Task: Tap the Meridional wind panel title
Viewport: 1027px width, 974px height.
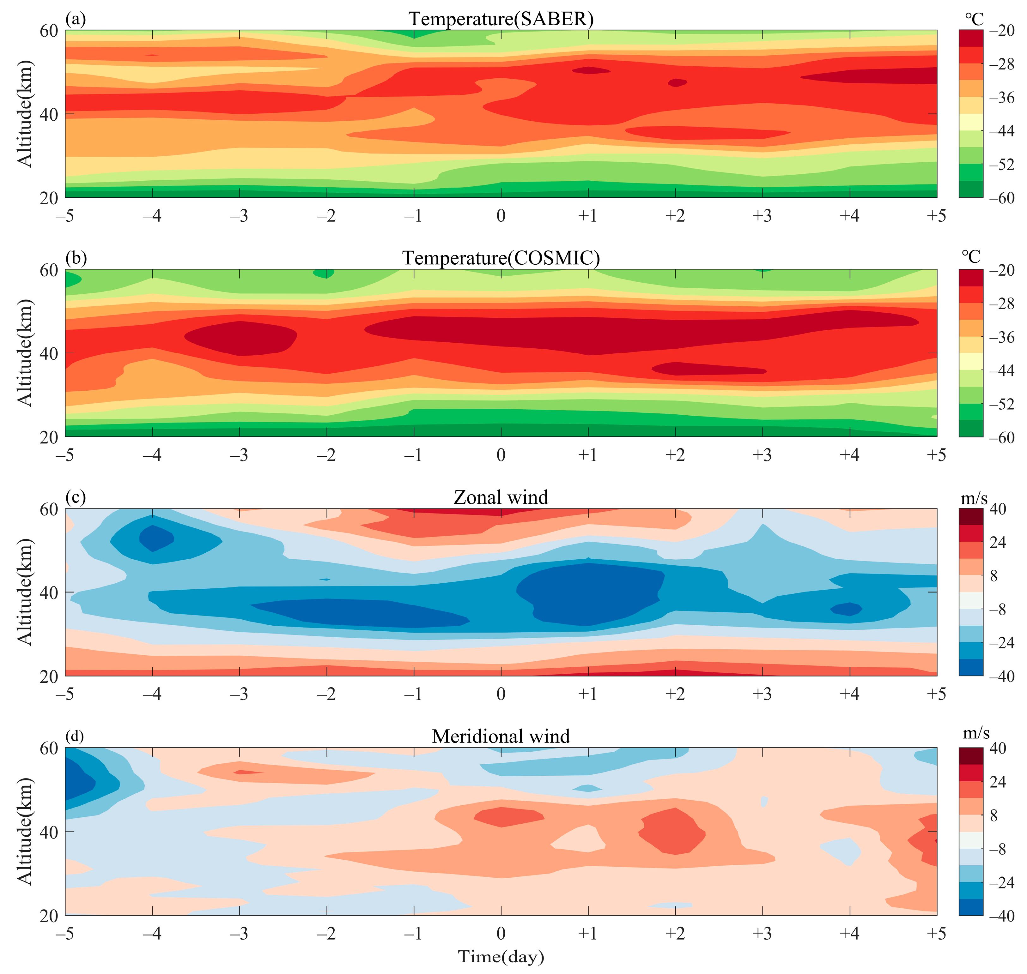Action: pos(501,736)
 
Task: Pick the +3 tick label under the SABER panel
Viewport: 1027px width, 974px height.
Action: pos(762,215)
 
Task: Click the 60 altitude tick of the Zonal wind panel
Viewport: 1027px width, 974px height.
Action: pos(49,509)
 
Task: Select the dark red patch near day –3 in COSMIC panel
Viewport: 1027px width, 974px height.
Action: pos(241,338)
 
